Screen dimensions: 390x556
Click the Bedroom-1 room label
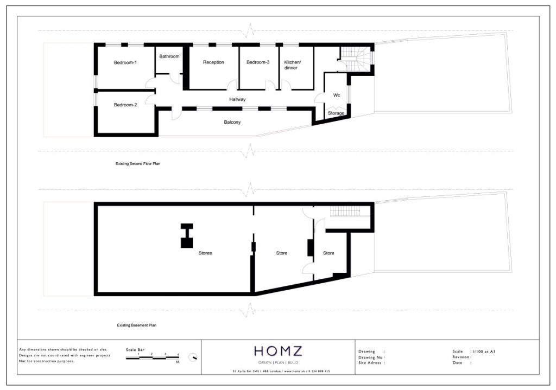click(125, 62)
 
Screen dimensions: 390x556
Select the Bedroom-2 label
click(125, 105)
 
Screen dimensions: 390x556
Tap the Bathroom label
click(169, 56)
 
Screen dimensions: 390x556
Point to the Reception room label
click(213, 62)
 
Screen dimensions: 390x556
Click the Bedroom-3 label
click(258, 62)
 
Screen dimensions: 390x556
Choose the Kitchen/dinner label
click(292, 65)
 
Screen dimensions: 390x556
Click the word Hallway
click(237, 99)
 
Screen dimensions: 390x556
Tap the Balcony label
click(232, 122)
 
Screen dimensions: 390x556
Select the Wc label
click(337, 95)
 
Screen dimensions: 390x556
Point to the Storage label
click(336, 113)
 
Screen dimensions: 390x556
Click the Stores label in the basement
click(205, 253)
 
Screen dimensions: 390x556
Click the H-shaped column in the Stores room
click(187, 235)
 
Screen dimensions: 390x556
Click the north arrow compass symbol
click(193, 357)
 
